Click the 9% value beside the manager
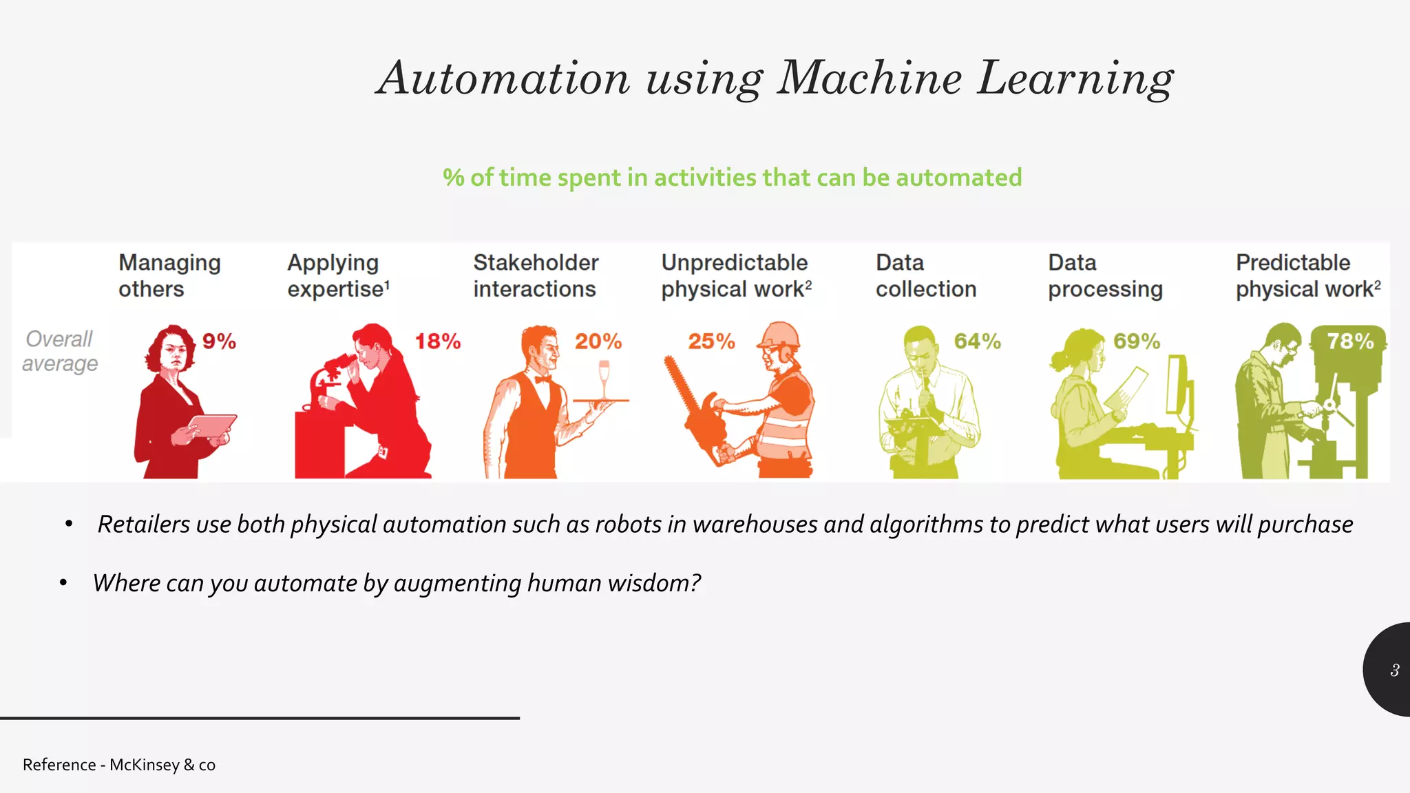219,341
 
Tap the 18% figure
437,341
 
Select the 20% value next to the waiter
598,341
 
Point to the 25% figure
711,341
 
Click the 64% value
977,341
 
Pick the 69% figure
1137,341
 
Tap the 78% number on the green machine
1349,341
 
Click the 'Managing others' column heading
169,275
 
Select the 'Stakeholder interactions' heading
536,275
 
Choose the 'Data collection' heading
925,275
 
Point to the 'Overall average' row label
60,351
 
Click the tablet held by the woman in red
212,425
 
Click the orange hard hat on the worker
780,335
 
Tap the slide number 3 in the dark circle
1394,670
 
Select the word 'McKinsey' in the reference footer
144,765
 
